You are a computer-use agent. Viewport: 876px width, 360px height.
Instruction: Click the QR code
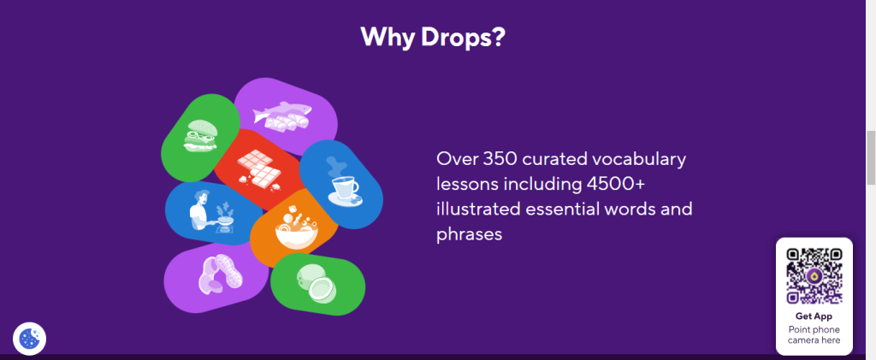[814, 275]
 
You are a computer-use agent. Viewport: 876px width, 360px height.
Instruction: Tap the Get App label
[814, 316]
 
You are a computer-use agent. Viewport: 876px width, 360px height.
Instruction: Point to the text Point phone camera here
[814, 334]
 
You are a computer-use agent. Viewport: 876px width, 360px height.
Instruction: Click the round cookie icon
[29, 338]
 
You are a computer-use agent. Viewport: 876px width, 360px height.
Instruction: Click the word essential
[578, 209]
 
